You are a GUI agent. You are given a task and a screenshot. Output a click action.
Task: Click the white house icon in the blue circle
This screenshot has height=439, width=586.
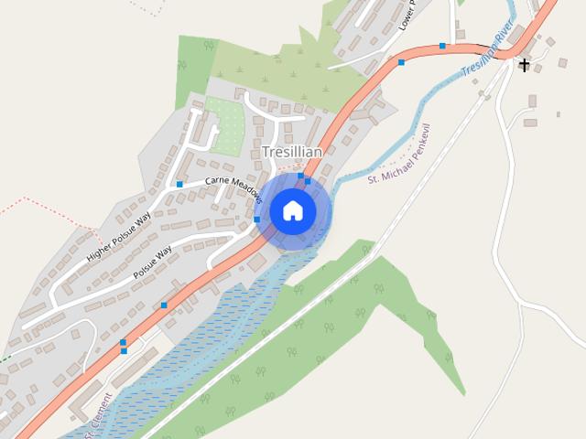point(292,210)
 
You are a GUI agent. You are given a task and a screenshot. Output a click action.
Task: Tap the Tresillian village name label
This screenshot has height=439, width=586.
point(291,151)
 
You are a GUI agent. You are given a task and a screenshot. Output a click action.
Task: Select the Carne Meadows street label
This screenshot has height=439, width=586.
point(233,183)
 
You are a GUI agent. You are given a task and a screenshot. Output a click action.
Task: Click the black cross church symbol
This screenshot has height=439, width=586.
point(525,65)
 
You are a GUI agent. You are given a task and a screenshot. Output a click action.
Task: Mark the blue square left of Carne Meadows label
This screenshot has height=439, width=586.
point(179,184)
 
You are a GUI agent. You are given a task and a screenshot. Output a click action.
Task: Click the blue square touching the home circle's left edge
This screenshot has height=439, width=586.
point(257,219)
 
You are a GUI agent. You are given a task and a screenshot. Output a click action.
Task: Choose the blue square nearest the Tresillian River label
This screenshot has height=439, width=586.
point(442,46)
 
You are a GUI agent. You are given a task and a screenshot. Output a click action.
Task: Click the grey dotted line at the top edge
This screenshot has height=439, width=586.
point(146,7)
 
